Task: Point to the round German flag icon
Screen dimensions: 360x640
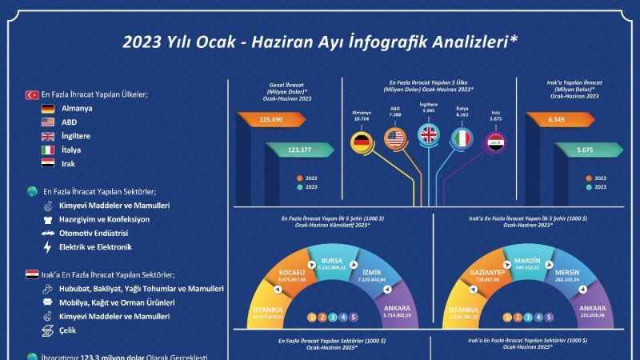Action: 363,142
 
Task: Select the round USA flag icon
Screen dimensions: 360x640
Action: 396,140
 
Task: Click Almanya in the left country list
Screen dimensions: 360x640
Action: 78,109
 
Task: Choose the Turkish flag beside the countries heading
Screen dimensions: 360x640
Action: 34,94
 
